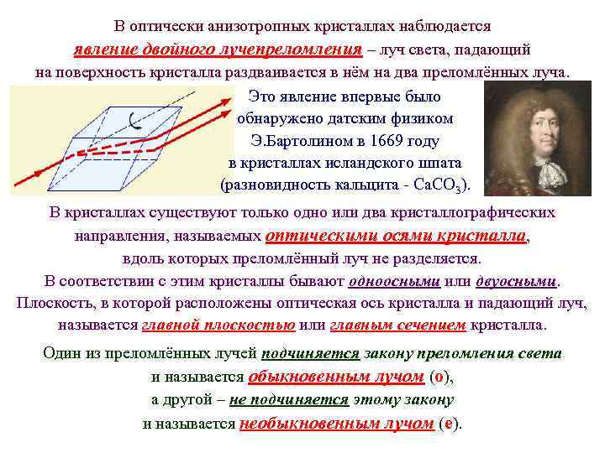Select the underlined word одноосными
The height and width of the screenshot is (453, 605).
click(x=395, y=280)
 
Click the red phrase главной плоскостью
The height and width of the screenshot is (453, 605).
click(x=218, y=325)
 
